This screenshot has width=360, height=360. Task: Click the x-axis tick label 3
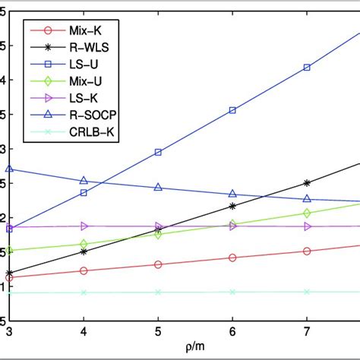tap(9, 332)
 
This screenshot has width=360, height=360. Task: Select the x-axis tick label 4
tap(84, 332)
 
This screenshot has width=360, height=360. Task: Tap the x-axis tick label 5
tap(158, 332)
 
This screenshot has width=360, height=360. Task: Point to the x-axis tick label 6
tap(232, 332)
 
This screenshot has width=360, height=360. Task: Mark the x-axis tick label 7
tap(307, 332)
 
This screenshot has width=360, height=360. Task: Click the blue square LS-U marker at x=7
tap(307, 68)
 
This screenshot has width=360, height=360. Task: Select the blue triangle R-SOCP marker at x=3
tap(9, 169)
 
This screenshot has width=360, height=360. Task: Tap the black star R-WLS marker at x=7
tap(307, 183)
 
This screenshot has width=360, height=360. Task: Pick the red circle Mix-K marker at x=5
tap(158, 264)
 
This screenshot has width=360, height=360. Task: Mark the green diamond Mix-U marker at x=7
tap(307, 213)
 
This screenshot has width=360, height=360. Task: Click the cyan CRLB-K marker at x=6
tap(232, 292)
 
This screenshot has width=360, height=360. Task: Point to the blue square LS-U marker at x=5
tap(158, 153)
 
